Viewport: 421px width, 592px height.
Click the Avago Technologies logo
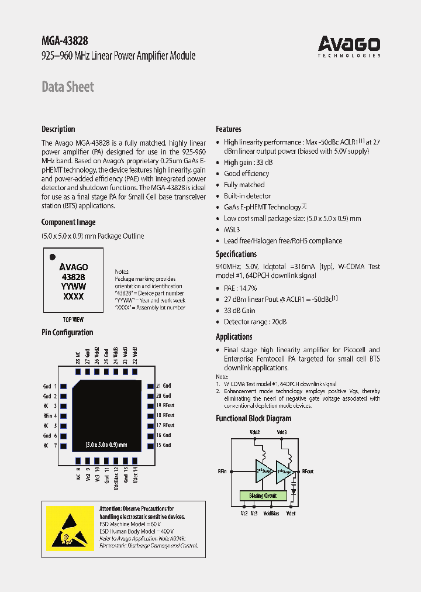coord(349,46)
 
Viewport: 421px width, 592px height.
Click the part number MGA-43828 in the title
coord(65,41)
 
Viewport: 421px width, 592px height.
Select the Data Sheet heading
coord(68,87)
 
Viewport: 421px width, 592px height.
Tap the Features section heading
coord(229,129)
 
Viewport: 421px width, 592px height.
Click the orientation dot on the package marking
coord(53,256)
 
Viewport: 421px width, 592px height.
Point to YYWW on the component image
coord(74,287)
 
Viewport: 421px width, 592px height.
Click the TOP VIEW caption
coord(73,320)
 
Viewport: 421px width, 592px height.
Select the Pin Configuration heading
coord(67,332)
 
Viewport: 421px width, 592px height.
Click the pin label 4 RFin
coord(51,415)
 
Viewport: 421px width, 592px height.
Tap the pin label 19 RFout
coord(165,405)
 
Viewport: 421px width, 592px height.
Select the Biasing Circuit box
coord(263,495)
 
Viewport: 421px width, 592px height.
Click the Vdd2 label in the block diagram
coord(256,432)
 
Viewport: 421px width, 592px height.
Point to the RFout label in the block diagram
coord(308,471)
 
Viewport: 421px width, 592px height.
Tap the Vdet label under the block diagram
coord(291,513)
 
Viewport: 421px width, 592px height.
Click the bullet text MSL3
coord(232,229)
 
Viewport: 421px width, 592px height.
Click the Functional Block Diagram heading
coord(253,419)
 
